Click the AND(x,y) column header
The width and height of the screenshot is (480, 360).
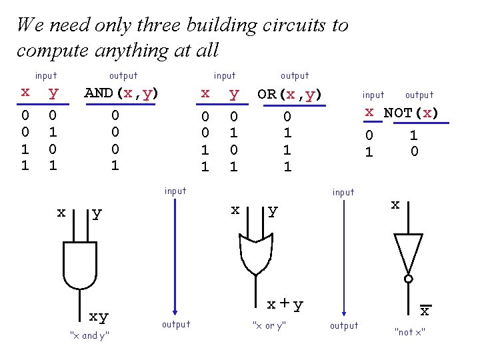pos(121,93)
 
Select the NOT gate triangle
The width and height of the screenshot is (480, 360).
pos(408,253)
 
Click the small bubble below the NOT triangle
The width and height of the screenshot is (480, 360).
pos(408,279)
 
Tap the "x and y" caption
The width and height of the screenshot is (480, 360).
pos(89,335)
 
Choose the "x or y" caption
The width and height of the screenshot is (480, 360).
pos(269,325)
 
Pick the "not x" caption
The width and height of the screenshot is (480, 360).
pos(410,332)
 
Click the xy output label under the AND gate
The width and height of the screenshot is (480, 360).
pos(99,316)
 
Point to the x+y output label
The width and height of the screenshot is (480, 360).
pos(285,305)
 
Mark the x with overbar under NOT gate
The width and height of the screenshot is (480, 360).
pos(424,311)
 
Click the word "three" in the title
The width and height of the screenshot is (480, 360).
pos(156,25)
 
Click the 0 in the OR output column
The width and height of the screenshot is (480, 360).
pos(287,117)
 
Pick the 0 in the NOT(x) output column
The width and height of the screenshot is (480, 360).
pos(414,151)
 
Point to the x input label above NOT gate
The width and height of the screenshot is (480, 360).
pos(395,205)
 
